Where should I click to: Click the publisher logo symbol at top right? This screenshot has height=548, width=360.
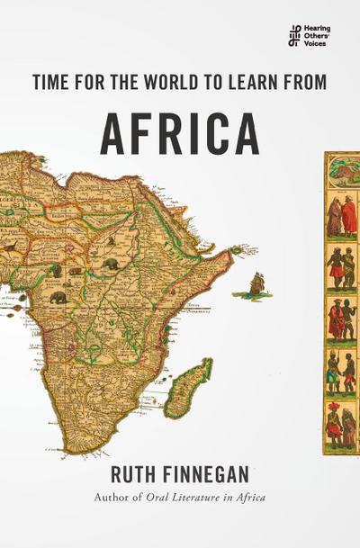[293, 35]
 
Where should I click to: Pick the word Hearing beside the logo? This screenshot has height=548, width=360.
[317, 28]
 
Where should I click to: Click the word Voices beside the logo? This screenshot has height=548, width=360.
[315, 42]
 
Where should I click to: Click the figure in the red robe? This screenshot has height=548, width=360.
[335, 216]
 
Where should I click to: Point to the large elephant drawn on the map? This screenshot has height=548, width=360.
[59, 297]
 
